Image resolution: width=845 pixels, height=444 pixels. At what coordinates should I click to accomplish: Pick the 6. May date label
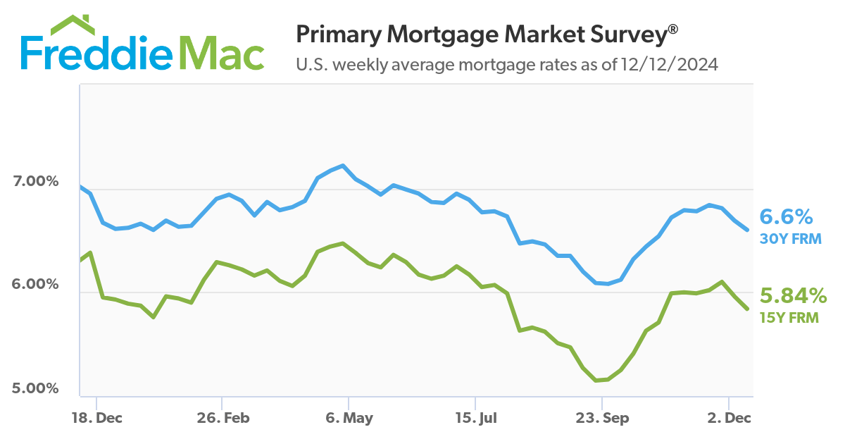click(349, 419)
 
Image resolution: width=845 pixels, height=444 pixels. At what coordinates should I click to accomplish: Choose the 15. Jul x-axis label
click(475, 419)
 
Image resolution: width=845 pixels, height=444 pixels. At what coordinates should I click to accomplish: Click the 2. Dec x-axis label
click(728, 419)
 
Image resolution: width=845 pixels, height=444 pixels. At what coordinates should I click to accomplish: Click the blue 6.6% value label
click(785, 216)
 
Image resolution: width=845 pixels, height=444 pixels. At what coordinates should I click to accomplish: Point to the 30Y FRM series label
click(790, 239)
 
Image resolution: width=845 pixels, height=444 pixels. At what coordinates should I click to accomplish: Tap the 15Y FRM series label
click(789, 318)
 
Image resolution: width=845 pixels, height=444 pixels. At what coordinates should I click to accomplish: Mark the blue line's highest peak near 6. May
click(343, 166)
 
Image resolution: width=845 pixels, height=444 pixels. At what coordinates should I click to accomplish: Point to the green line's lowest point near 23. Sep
click(596, 381)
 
